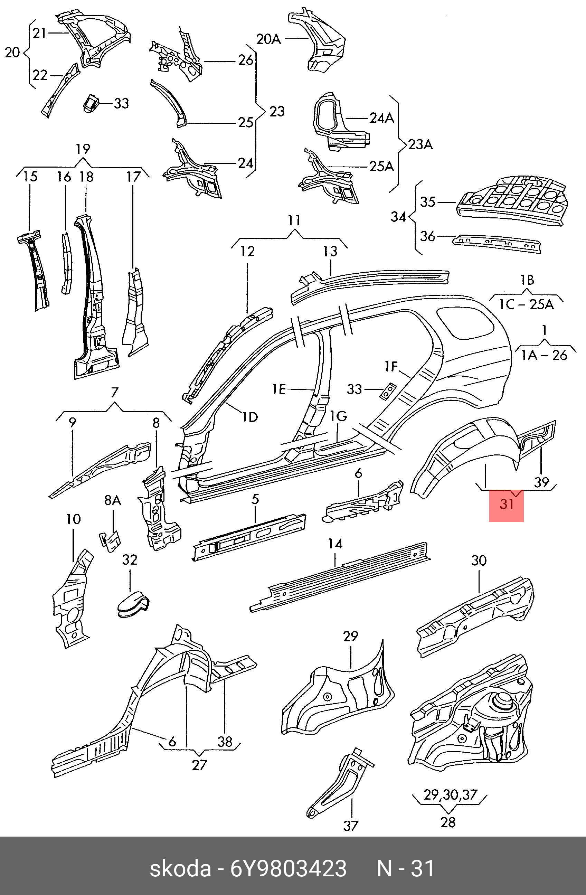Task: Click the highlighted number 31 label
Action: [x=506, y=503]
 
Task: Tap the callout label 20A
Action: [x=268, y=39]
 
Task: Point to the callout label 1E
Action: [x=279, y=389]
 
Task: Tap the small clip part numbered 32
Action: [x=132, y=606]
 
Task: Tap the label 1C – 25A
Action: [x=526, y=304]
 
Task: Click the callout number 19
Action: [x=83, y=149]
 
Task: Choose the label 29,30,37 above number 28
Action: [x=450, y=794]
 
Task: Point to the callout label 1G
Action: [x=338, y=416]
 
